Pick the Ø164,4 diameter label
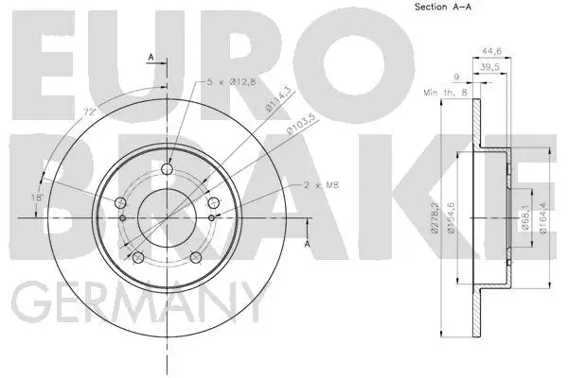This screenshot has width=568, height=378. click(542, 220)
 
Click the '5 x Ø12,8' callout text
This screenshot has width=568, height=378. click(232, 82)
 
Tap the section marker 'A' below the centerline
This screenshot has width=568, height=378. click(307, 243)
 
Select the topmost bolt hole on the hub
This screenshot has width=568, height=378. click(167, 170)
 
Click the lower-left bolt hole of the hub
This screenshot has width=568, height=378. click(138, 257)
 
